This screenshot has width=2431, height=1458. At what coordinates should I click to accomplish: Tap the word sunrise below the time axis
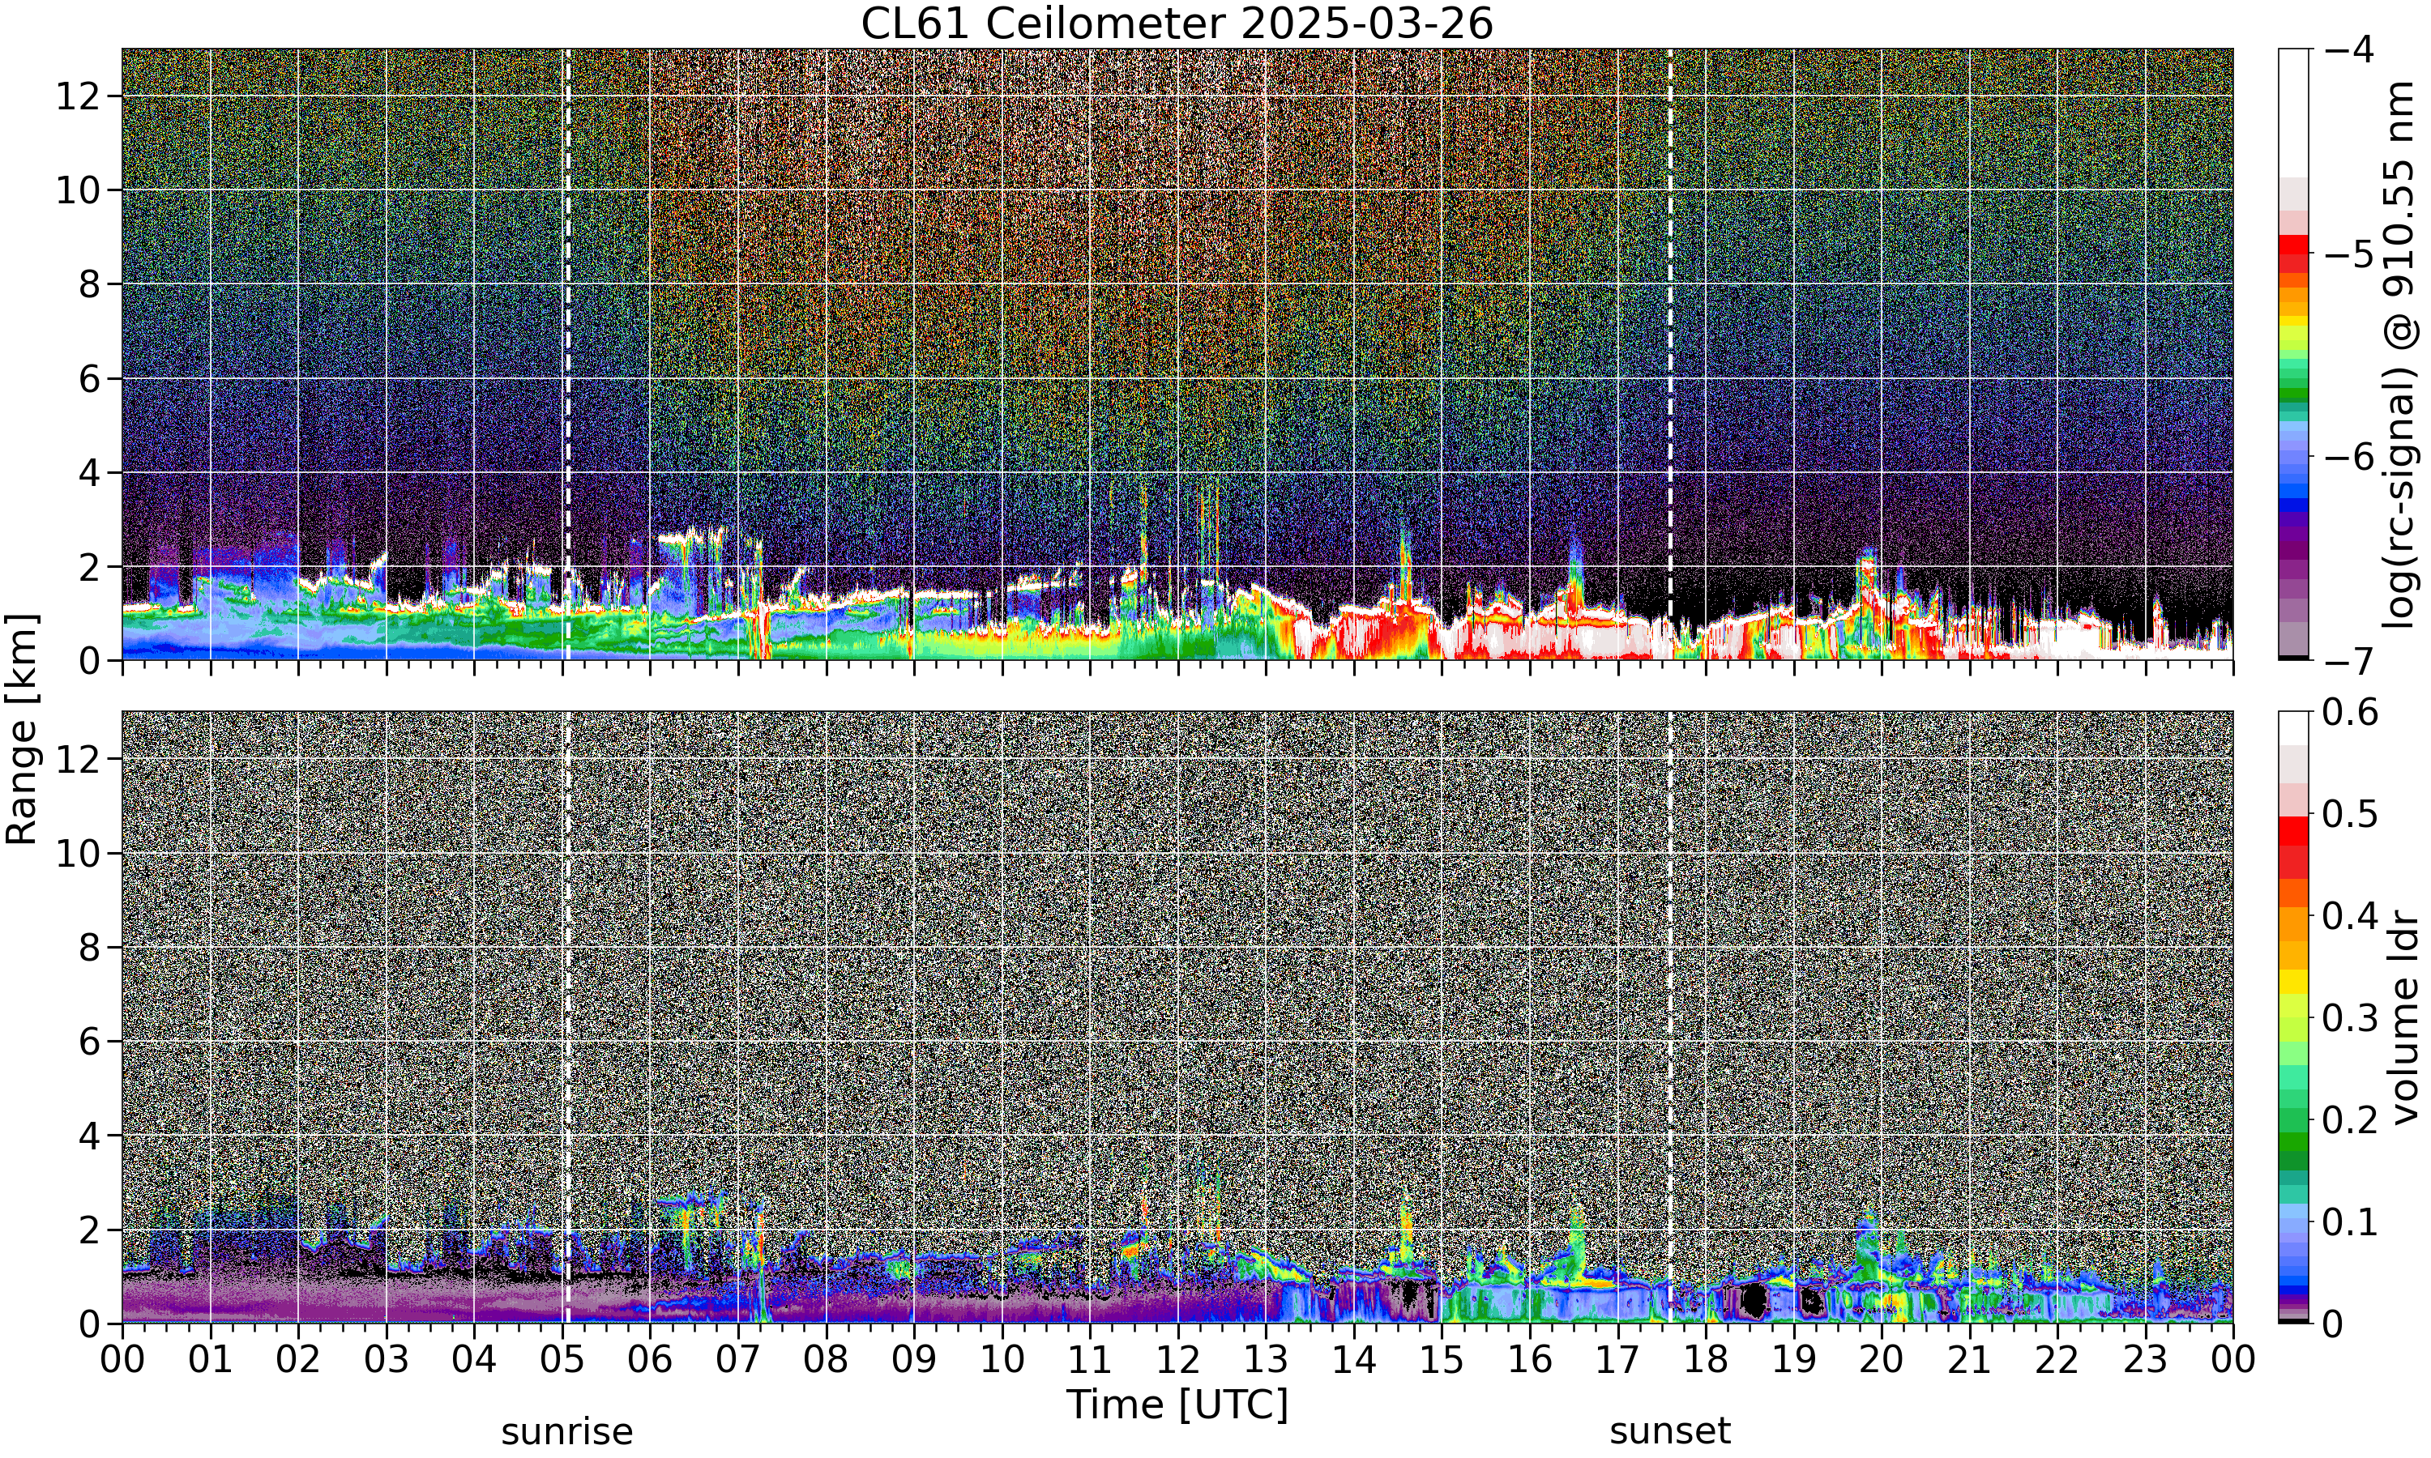567,1431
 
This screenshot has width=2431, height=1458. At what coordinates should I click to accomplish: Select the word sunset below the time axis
1670,1431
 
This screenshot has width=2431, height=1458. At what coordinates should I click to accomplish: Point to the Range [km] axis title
22,730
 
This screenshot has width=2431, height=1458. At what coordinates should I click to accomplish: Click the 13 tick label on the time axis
1266,1360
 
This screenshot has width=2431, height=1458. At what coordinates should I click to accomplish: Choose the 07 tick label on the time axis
738,1360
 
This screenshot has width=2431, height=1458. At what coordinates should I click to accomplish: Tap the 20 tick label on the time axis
1882,1360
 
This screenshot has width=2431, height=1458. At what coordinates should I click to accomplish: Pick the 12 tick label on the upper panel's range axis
78,96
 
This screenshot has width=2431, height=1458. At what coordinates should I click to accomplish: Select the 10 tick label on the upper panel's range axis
78,190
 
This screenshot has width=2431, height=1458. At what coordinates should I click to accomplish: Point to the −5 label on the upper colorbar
2351,254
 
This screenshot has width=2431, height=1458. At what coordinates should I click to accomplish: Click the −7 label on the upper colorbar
2351,661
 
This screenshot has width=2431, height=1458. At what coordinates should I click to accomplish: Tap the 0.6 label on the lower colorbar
2351,711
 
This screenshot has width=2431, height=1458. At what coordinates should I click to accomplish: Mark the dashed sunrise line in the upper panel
567,355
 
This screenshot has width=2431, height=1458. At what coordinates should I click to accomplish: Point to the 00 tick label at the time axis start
123,1360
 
